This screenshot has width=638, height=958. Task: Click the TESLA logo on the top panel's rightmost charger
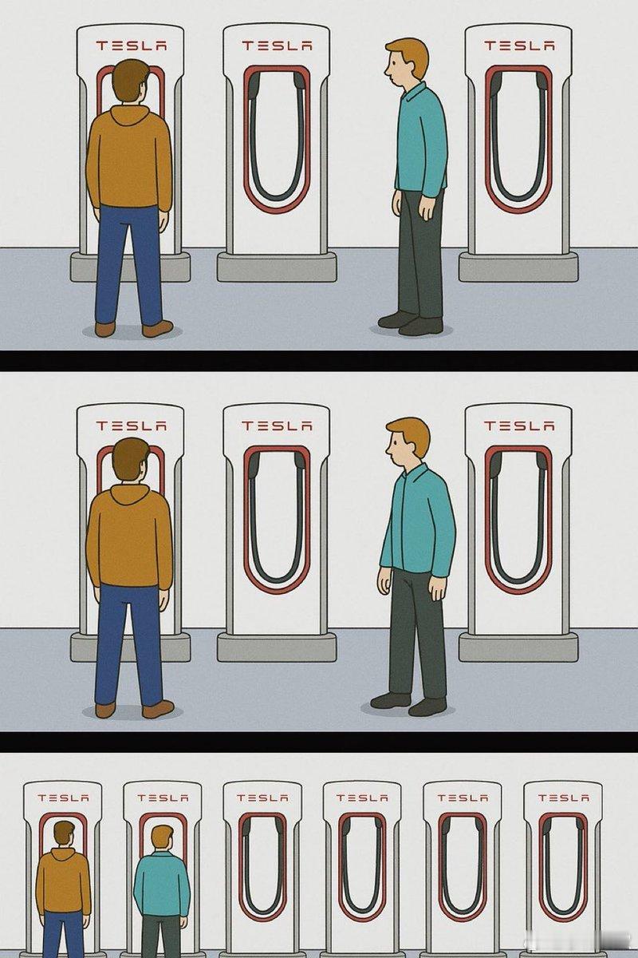519,45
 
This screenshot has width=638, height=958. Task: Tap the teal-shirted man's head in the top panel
407,62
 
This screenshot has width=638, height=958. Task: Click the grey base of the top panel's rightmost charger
518,267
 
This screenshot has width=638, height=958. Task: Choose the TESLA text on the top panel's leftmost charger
131,46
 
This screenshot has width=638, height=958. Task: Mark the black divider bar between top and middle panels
319,361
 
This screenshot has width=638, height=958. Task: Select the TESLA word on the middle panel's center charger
277,426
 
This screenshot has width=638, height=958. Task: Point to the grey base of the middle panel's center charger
277,647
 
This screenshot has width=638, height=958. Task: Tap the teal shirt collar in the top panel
414,92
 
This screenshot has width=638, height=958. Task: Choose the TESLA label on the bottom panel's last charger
563,798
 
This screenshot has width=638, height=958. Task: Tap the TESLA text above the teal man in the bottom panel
163,798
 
